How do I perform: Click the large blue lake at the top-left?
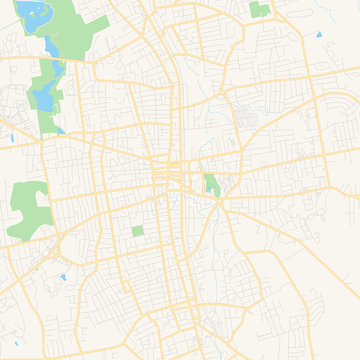coord(33,14)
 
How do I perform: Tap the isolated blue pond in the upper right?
coord(319,36)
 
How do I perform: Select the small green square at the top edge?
coord(259,10)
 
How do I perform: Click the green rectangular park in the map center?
coord(211,185)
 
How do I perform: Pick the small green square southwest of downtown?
coord(137,232)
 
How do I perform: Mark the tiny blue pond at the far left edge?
coord(7,137)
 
